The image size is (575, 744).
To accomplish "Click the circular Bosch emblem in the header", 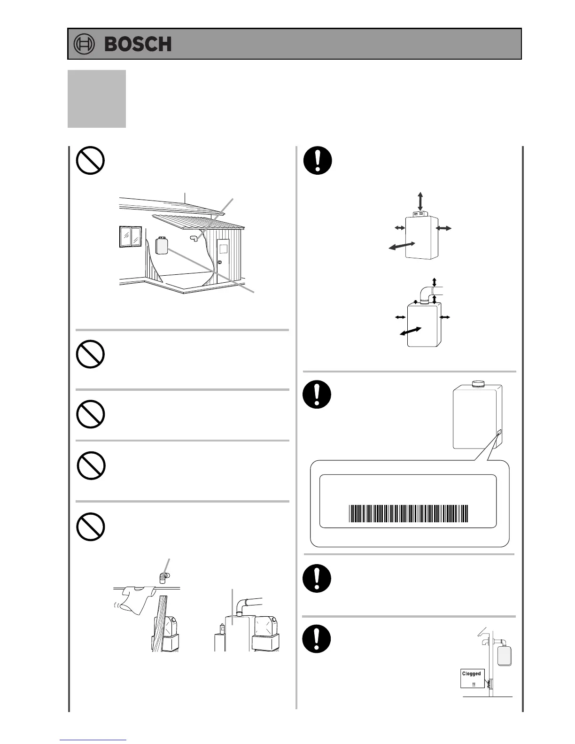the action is [85, 44].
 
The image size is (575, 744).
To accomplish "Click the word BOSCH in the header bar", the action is [138, 44].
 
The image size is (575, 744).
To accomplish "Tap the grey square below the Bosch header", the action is [97, 99].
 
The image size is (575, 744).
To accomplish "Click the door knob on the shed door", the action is [219, 261].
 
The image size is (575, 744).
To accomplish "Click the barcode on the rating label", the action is [409, 514].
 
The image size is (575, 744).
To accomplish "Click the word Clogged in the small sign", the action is [471, 674].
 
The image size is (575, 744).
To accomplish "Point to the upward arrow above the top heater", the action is [420, 201].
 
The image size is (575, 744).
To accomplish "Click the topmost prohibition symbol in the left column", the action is [90, 161].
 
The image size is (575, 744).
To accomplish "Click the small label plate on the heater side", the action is [498, 432].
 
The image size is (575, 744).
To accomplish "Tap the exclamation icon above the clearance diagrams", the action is [318, 161].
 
